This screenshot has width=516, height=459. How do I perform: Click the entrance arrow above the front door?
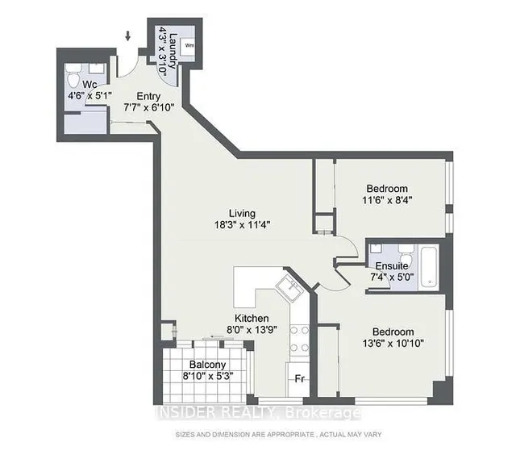tap(127, 35)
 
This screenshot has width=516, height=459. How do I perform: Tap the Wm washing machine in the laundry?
tap(190, 46)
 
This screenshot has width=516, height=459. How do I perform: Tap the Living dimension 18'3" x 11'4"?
tap(241, 226)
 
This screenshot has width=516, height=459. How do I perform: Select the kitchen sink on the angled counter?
tap(285, 285)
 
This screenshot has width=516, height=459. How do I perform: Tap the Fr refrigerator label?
tap(298, 378)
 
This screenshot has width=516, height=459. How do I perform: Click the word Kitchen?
tap(251, 317)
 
